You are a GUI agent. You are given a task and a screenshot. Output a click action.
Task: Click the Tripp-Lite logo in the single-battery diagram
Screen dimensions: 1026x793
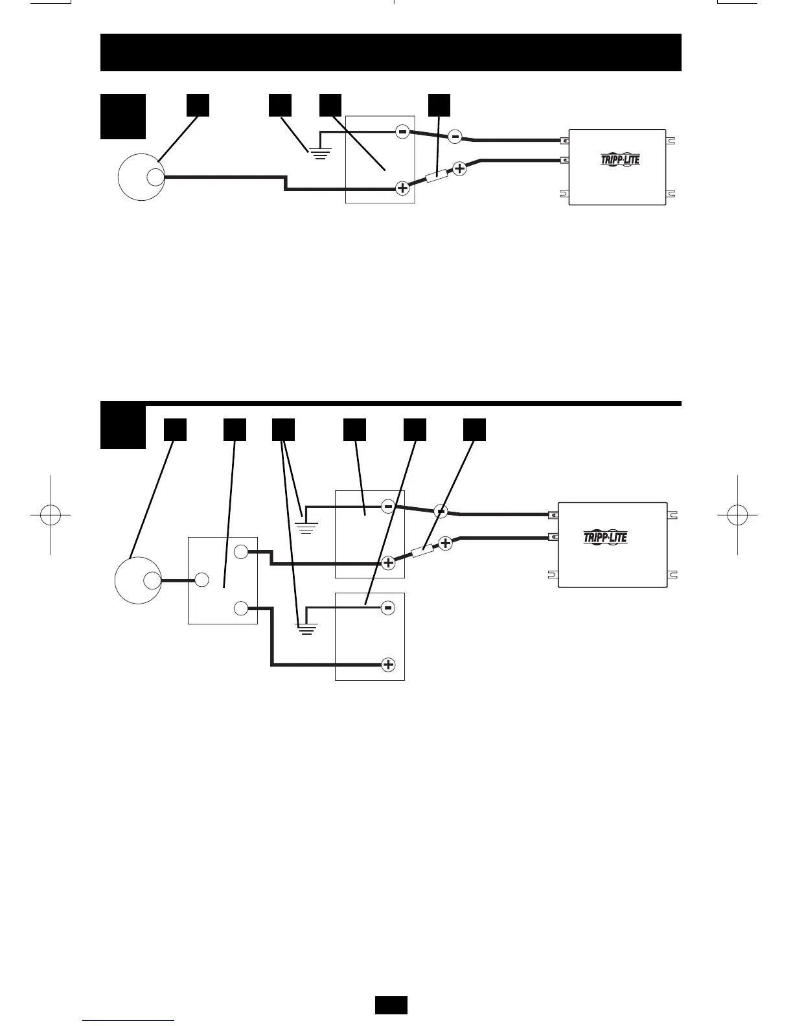[620, 159]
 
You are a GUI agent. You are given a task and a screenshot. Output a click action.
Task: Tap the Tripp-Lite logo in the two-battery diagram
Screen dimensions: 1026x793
[606, 537]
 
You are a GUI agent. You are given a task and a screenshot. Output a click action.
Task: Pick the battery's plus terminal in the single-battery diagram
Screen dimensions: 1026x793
[402, 188]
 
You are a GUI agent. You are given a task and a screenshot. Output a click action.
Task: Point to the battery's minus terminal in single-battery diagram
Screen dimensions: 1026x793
[402, 132]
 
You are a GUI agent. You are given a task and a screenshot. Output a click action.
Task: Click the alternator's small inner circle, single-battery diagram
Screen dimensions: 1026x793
[155, 177]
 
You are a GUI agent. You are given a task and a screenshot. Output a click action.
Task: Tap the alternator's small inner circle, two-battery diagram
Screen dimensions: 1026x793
[152, 580]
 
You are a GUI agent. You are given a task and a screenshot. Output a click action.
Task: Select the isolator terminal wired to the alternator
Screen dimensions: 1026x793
[201, 580]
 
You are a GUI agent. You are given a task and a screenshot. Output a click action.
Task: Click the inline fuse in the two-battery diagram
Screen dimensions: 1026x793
[424, 551]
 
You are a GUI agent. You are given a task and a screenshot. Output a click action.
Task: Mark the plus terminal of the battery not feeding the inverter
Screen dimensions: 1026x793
[388, 665]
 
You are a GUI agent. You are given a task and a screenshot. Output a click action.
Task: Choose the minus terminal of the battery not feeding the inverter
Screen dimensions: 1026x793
[388, 608]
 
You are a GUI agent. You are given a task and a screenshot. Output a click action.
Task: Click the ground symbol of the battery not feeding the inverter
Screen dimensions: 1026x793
[306, 628]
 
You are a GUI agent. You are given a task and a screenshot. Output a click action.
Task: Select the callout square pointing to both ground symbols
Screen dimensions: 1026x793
[283, 429]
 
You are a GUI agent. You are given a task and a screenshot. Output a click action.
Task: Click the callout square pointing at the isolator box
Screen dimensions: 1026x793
[235, 429]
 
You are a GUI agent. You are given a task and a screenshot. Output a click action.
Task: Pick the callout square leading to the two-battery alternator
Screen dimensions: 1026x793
[175, 429]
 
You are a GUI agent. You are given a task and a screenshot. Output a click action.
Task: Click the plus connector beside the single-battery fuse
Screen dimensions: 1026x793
[459, 168]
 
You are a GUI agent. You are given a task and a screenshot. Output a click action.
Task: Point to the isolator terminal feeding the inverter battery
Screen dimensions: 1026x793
[240, 553]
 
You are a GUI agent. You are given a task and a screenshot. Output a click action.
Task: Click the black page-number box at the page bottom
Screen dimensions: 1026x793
[391, 1005]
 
